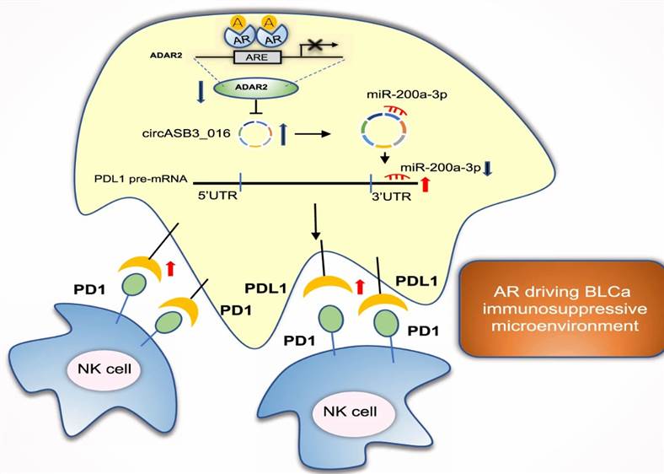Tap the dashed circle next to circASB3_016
[254, 132]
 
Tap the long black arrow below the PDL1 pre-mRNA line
[317, 222]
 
